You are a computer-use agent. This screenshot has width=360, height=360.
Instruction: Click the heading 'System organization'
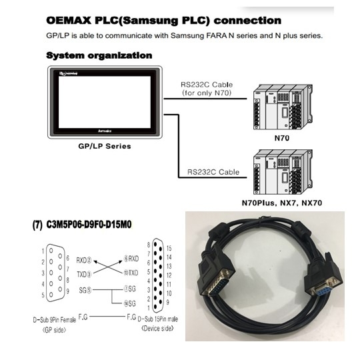[x=99, y=55]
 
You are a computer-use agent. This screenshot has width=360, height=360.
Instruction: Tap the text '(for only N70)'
[x=206, y=93]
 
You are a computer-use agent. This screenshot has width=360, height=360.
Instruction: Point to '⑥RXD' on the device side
[x=129, y=259]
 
